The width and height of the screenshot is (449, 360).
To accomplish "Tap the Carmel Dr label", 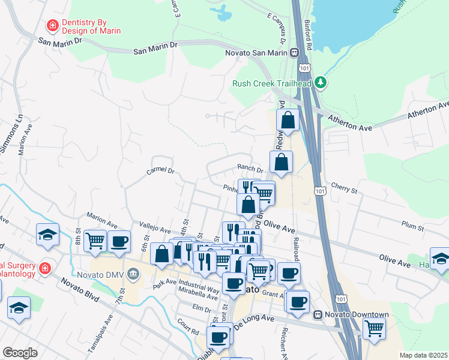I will click(160, 171).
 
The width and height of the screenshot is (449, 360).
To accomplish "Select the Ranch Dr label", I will click(250, 170).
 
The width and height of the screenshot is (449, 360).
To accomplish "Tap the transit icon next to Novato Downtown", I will click(319, 315).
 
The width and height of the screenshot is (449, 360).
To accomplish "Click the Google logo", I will click(20, 353).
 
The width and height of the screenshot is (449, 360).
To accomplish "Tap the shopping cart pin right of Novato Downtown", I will click(374, 328).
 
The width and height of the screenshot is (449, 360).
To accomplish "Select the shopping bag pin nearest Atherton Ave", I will click(288, 120).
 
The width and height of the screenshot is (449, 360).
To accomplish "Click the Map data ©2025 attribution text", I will click(423, 355).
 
